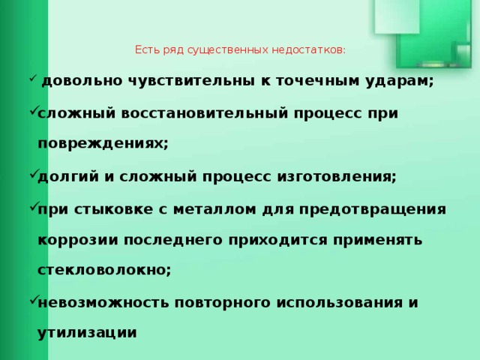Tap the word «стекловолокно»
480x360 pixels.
coord(105,271)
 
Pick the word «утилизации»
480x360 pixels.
coord(87,334)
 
